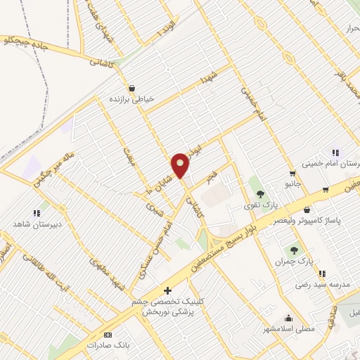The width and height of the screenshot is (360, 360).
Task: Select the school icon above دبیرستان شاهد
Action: click(x=36, y=213)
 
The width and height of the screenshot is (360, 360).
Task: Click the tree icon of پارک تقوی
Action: click(x=261, y=193)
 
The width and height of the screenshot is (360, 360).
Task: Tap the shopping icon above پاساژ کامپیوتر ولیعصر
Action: click(x=307, y=210)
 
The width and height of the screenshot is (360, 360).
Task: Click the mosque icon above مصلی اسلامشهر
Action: click(x=288, y=317)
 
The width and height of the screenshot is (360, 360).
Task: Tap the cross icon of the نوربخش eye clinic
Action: click(x=167, y=290)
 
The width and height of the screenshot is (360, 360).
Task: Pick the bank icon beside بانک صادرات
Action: click(x=108, y=335)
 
